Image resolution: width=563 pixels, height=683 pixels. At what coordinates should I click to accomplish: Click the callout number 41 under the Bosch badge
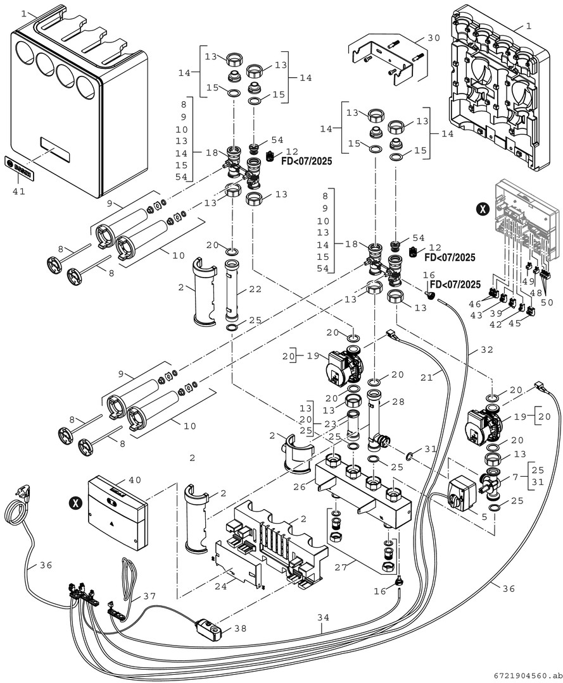pyautogui.click(x=18, y=191)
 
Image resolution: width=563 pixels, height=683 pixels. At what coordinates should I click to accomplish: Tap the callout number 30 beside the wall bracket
pyautogui.click(x=433, y=38)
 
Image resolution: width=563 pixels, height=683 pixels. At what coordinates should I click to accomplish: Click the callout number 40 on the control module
pyautogui.click(x=134, y=479)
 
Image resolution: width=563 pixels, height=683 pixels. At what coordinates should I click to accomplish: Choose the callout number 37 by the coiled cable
pyautogui.click(x=150, y=596)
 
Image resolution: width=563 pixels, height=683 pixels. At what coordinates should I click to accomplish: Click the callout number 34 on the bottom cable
pyautogui.click(x=323, y=617)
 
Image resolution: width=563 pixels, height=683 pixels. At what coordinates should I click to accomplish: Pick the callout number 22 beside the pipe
pyautogui.click(x=255, y=289)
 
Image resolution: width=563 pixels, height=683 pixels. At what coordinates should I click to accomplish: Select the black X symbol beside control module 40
pyautogui.click(x=76, y=503)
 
